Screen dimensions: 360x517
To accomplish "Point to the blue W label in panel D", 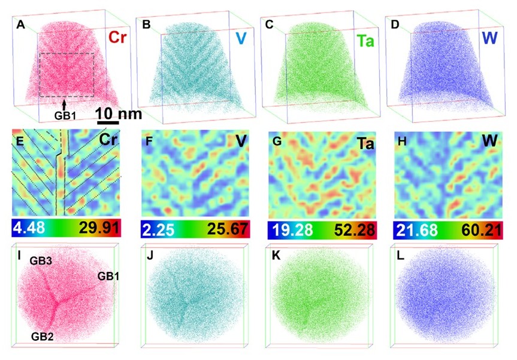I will coord(494,39).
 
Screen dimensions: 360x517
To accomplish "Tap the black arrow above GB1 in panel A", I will coord(64,103).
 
